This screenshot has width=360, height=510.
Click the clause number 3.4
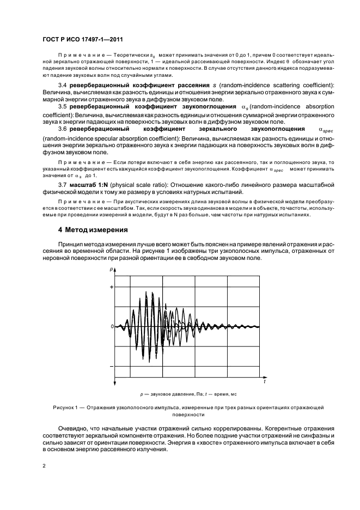click(x=62, y=86)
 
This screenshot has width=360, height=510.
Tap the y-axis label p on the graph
click(x=111, y=269)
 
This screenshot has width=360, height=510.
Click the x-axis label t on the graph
click(x=264, y=382)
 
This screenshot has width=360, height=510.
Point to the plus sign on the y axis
click(x=111, y=287)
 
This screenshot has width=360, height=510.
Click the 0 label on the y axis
click(x=111, y=326)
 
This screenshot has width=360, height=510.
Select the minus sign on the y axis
click(x=111, y=366)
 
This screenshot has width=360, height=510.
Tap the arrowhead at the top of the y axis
click(x=114, y=272)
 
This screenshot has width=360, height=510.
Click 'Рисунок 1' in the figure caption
click(x=65, y=407)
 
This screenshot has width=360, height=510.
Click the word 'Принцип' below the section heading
click(x=71, y=243)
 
